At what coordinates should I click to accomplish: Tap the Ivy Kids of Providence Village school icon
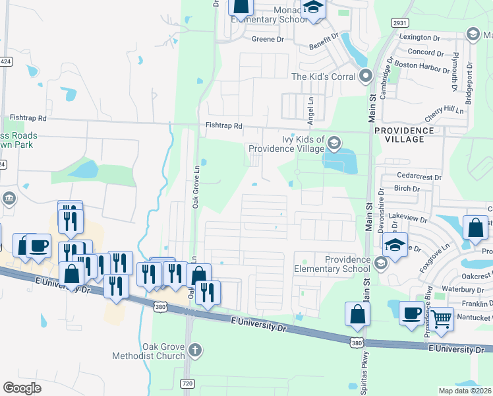334,143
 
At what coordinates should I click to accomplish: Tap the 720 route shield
188,383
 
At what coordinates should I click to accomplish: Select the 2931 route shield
400,22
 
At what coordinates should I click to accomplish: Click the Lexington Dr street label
419,38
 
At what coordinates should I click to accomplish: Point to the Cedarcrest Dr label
419,177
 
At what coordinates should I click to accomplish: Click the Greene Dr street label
267,40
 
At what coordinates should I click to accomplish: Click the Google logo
22,387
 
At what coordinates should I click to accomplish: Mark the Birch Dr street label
407,189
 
